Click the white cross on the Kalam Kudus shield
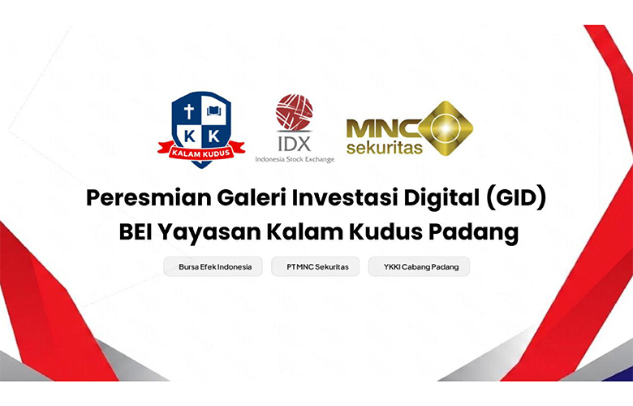tap(188, 111)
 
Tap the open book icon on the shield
tap(214, 110)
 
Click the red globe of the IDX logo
tap(295, 112)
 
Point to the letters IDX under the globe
tap(295, 144)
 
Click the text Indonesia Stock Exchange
tap(295, 160)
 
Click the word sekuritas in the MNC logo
tap(385, 148)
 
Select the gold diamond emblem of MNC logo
tap(446, 128)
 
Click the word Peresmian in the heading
tap(149, 198)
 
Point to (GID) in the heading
tap(516, 198)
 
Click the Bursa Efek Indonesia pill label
tap(213, 266)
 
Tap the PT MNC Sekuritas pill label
tap(316, 266)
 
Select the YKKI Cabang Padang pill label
tap(419, 266)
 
